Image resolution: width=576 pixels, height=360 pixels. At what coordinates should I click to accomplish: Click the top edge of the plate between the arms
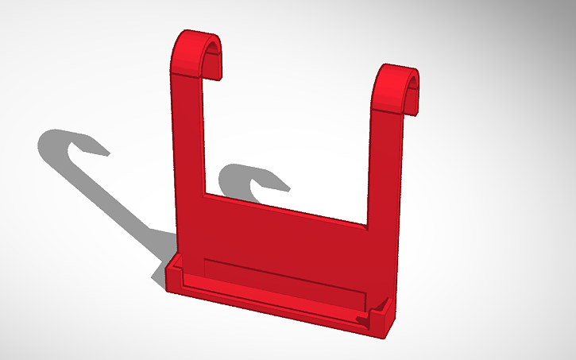286,208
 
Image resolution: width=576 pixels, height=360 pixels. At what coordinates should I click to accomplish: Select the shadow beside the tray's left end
160,274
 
